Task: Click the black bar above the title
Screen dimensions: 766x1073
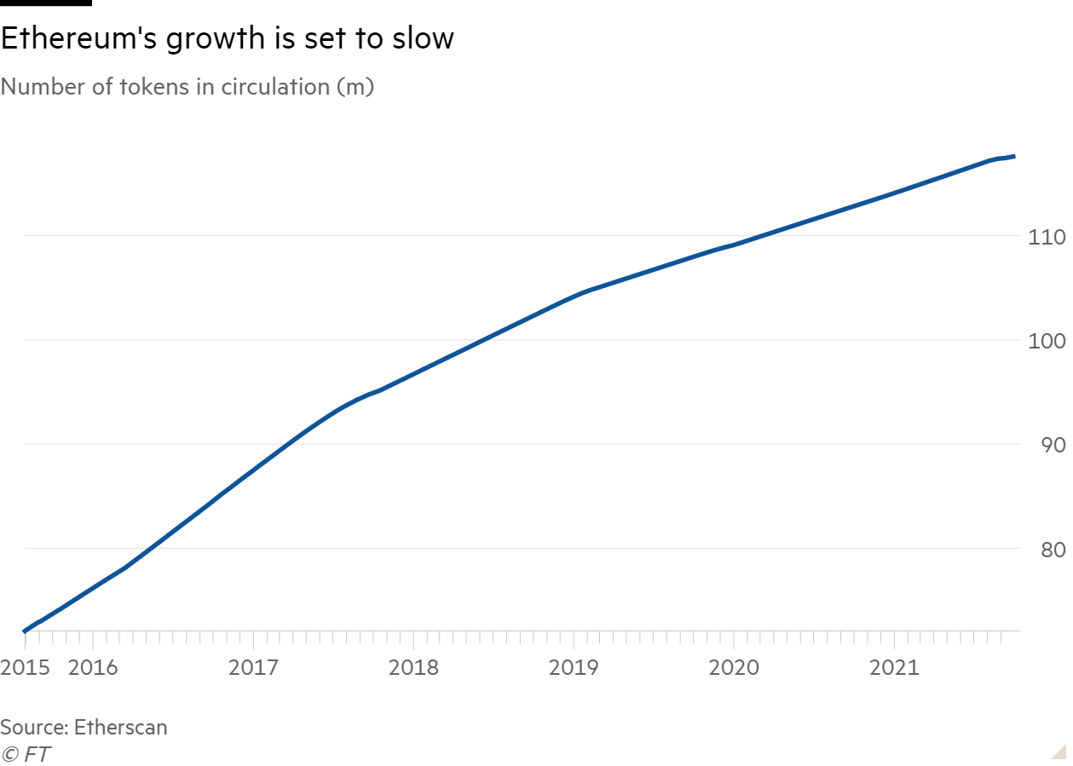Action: coord(45,3)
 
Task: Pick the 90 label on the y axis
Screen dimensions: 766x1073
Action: coord(1053,445)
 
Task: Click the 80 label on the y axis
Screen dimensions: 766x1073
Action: coord(1053,549)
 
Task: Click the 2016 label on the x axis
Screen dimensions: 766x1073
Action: coord(92,666)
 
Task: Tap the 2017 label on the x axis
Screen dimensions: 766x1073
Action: coord(254,666)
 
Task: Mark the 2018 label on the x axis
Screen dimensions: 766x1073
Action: coord(414,666)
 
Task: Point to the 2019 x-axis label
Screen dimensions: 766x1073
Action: coord(574,666)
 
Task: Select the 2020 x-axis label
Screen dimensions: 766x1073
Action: coord(735,666)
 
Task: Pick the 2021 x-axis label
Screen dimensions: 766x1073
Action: coord(894,666)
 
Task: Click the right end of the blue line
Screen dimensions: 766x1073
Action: coord(1013,156)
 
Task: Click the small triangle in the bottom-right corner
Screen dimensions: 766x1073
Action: coord(1059,751)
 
